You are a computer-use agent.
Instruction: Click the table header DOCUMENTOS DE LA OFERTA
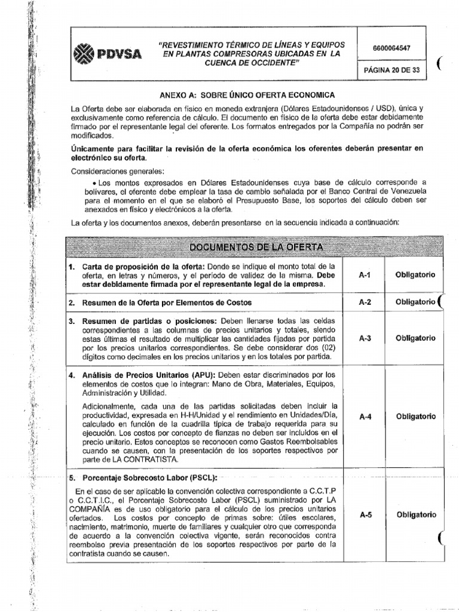click(256, 247)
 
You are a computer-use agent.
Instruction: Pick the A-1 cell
click(365, 275)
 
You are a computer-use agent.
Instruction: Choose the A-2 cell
click(365, 302)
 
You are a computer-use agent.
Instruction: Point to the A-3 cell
click(365, 338)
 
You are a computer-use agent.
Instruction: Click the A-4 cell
click(365, 417)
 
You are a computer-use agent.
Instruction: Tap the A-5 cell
click(365, 515)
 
